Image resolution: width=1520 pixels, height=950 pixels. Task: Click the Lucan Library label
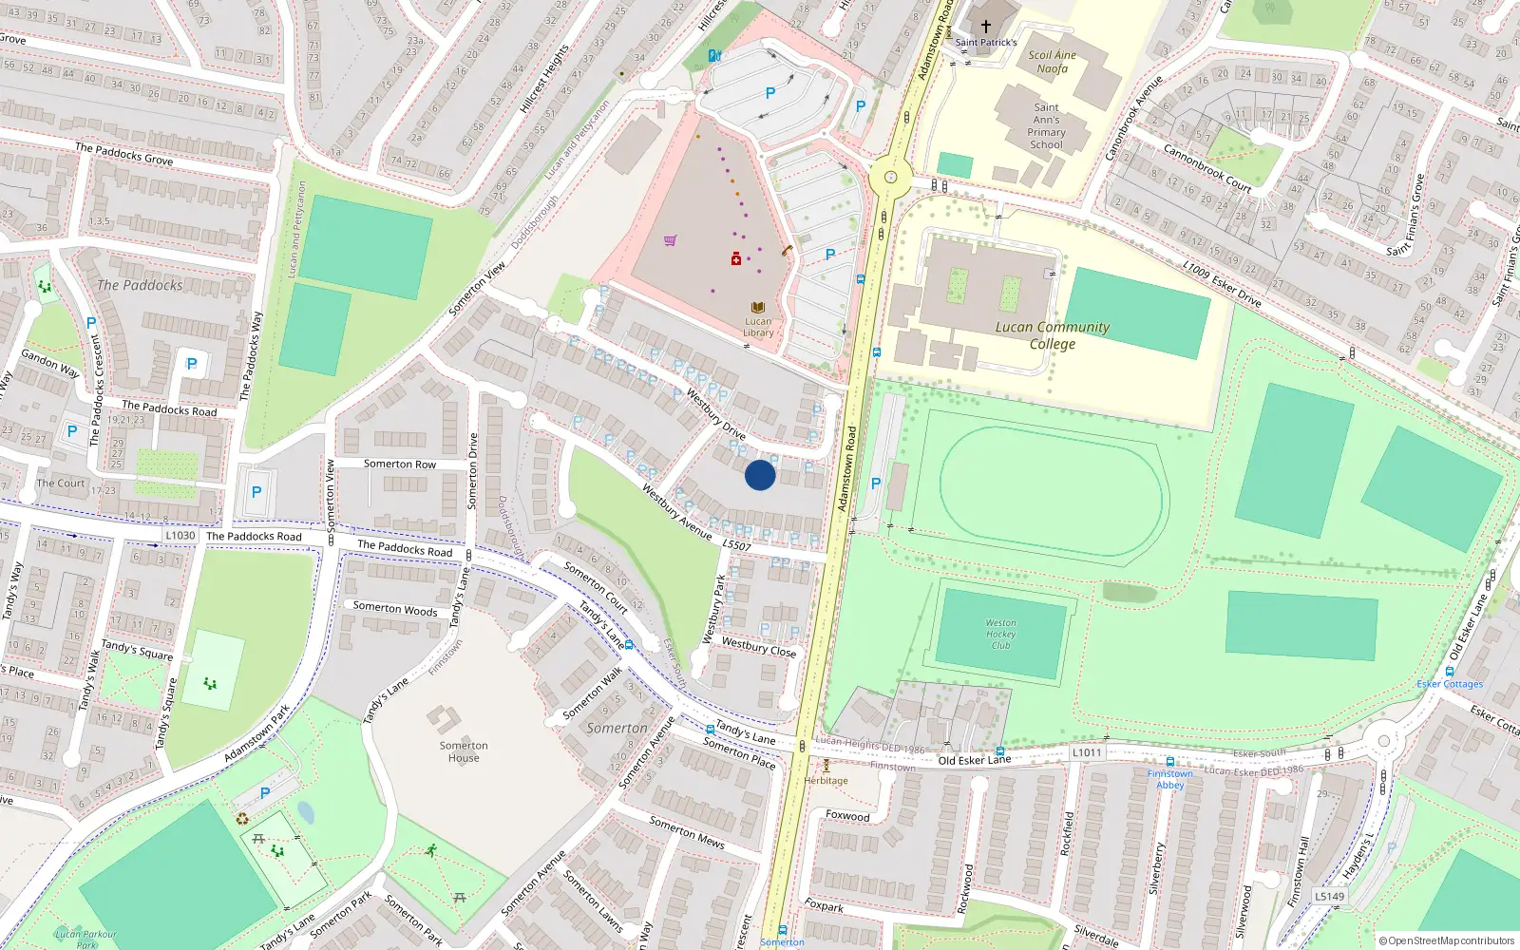[x=758, y=327]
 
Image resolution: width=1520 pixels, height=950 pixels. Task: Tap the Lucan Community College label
[x=1053, y=335]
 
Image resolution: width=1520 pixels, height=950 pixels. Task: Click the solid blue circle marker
[x=760, y=475]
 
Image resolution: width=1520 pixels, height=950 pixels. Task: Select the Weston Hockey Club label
[x=1000, y=634]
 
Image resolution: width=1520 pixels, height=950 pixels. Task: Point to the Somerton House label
[x=464, y=751]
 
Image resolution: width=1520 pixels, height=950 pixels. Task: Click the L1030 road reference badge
[x=180, y=536]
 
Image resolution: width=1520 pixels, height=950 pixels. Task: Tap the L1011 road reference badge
[x=1087, y=752]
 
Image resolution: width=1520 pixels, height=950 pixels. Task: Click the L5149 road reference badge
[x=1330, y=896]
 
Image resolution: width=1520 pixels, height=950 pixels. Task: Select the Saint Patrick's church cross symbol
[x=986, y=27]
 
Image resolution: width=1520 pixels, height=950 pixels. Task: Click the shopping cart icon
[x=671, y=240]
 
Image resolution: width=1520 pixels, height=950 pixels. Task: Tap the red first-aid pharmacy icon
[x=735, y=258]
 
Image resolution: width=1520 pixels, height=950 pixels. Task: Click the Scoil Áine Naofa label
[x=1052, y=62]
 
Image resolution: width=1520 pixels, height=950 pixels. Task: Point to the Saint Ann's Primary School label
[x=1046, y=126]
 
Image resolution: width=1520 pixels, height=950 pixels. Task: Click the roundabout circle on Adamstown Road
[x=890, y=177]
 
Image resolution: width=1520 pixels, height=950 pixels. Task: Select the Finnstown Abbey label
[x=1170, y=780]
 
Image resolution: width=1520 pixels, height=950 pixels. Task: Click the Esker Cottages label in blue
[x=1450, y=684]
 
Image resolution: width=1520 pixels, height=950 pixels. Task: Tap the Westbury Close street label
[x=759, y=647]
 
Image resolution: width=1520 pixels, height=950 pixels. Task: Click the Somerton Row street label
[x=400, y=465]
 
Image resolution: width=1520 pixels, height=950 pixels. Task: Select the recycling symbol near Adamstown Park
[x=242, y=819]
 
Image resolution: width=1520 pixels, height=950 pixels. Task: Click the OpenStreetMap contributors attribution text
[x=1447, y=940]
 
